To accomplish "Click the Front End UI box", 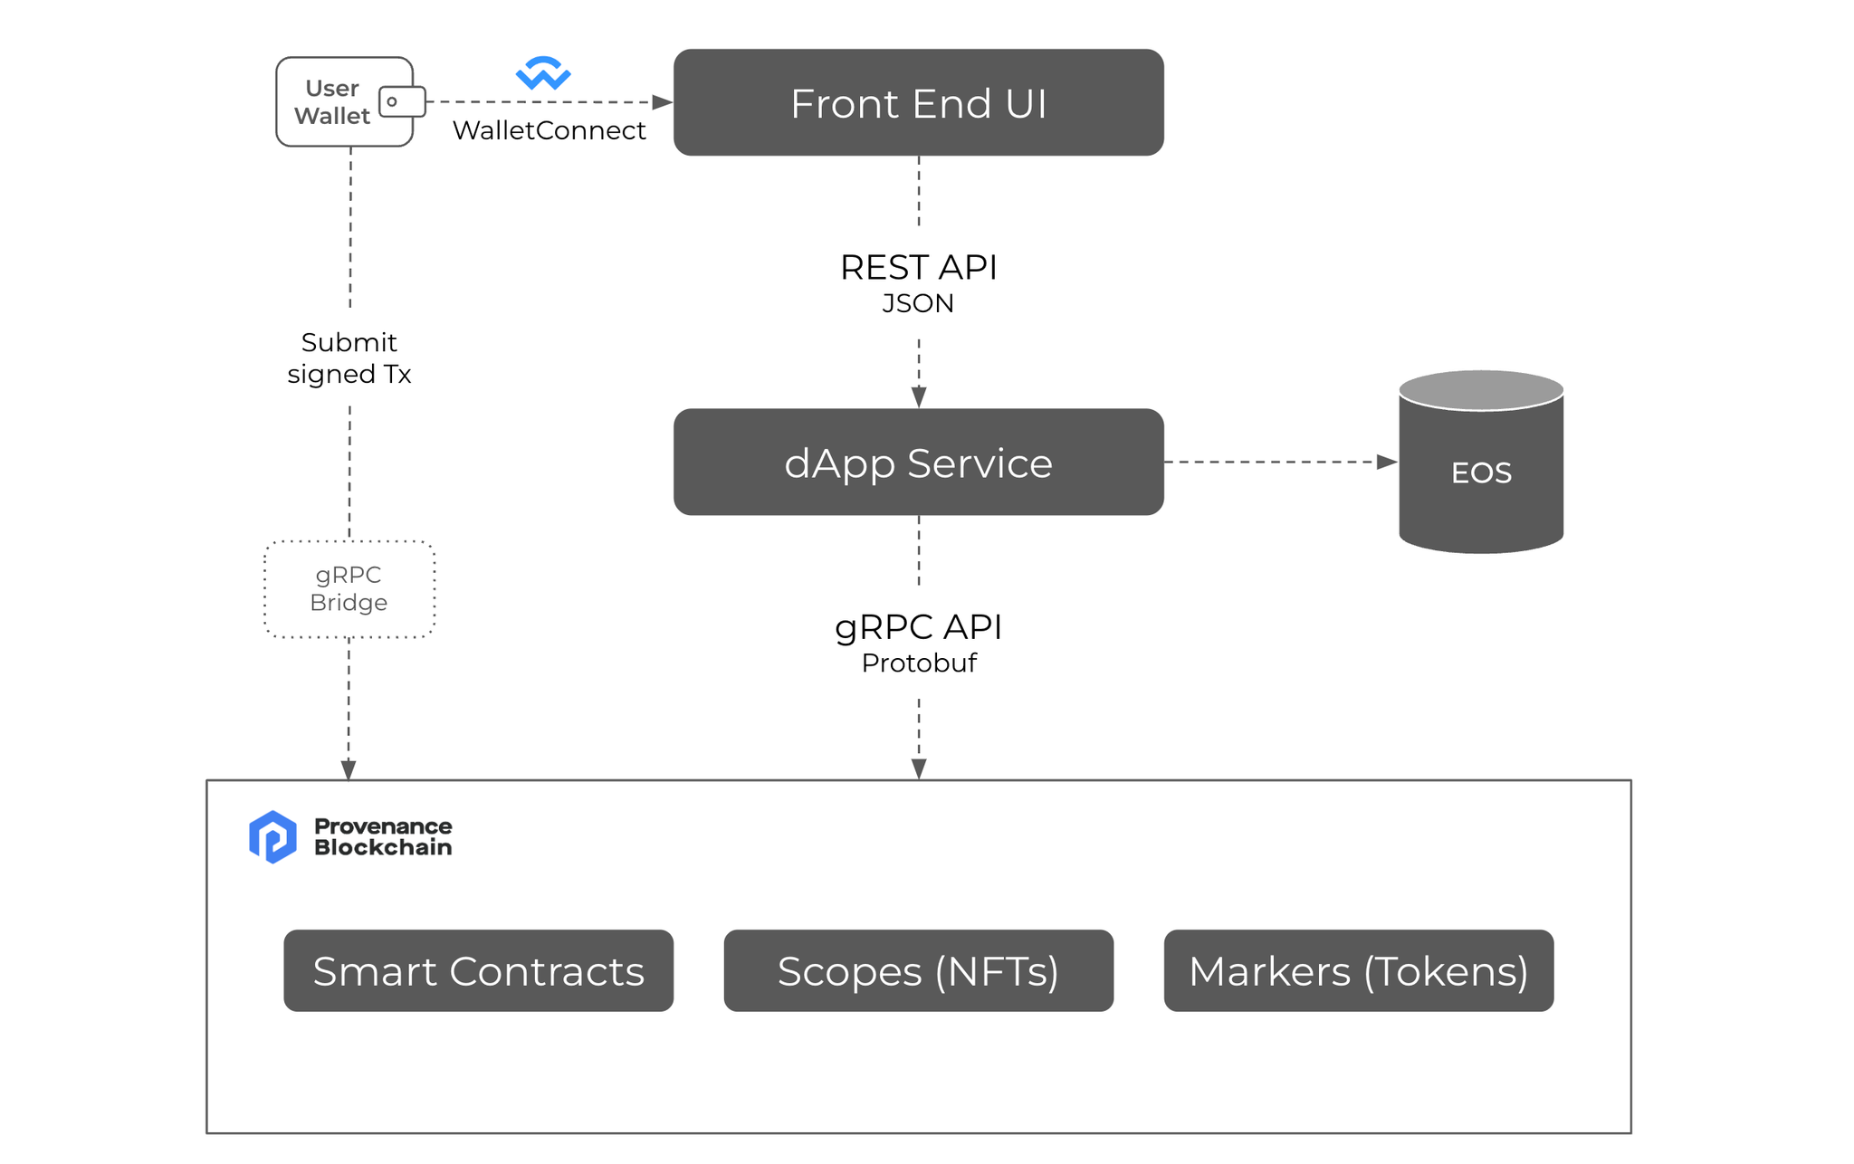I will click(x=918, y=102).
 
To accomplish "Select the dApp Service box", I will click(x=918, y=462).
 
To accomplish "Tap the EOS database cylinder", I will click(x=1480, y=471).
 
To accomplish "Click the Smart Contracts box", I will click(x=478, y=970).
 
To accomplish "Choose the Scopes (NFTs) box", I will click(x=918, y=970).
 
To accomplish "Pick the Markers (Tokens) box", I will click(x=1358, y=970).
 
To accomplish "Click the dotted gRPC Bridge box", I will click(x=349, y=589).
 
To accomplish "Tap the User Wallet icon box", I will click(x=345, y=101).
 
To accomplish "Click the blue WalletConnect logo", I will click(x=543, y=73).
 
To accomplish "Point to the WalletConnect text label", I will click(x=549, y=130).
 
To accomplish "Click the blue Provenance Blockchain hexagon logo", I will click(x=272, y=836).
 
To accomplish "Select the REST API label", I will click(x=918, y=268).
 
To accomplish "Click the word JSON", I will click(x=918, y=303).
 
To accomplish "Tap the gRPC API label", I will click(x=918, y=627).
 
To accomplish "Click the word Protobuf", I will click(x=918, y=663).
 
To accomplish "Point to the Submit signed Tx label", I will click(x=349, y=358).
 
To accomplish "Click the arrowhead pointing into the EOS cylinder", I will click(x=1387, y=462).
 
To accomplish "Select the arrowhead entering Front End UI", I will click(x=663, y=102).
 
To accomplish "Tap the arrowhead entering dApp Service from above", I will click(x=918, y=397).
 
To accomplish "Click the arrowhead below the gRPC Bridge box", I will click(x=348, y=769).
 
